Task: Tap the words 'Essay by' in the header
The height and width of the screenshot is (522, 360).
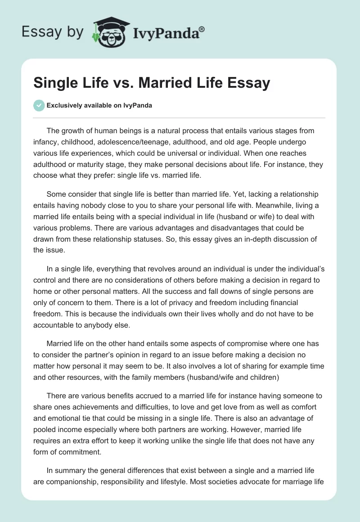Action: pos(52,31)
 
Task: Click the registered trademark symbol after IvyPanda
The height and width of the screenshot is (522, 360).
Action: pos(202,29)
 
